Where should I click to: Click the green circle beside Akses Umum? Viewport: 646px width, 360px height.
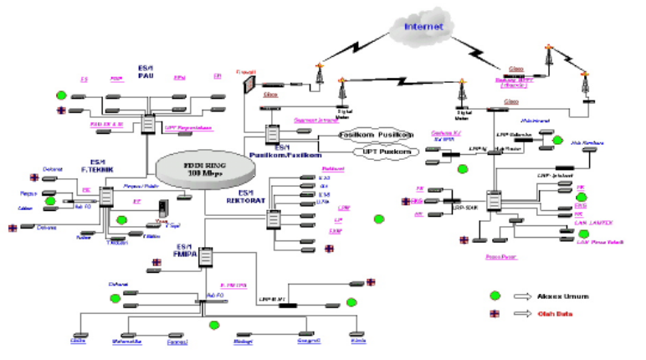495,295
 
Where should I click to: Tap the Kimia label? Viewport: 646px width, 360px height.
360,342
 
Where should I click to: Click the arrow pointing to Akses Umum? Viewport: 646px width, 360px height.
522,295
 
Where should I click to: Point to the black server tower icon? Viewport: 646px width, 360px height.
163,208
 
